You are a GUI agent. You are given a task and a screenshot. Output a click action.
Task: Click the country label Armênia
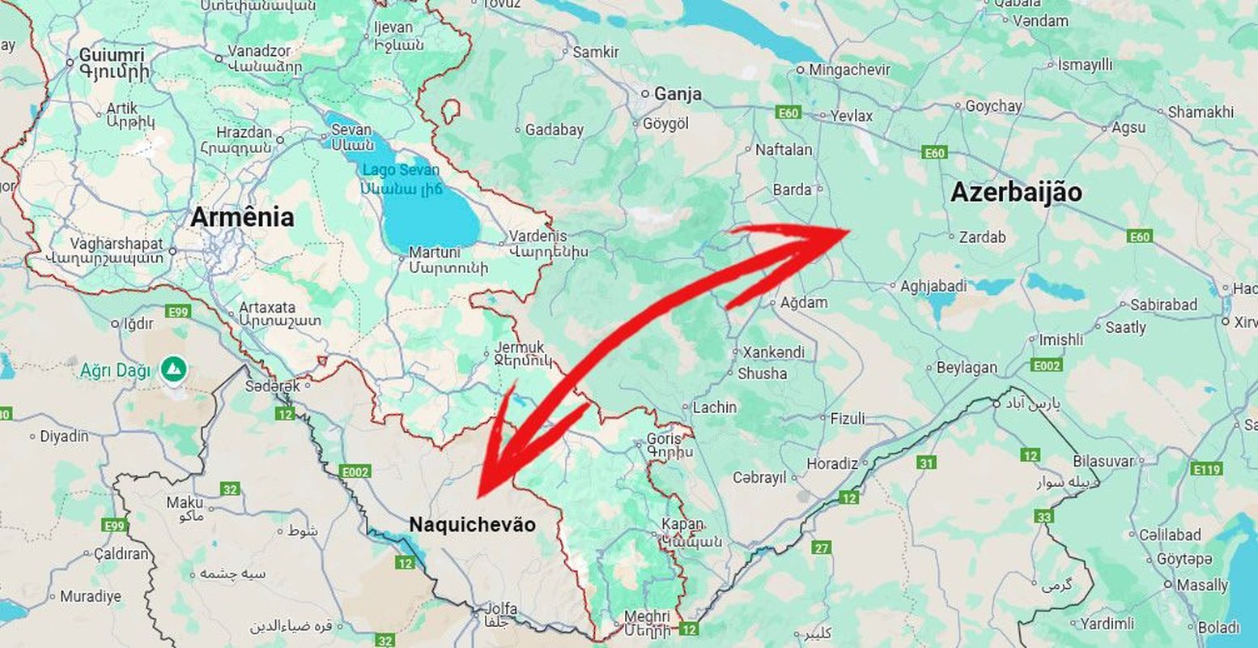point(241,217)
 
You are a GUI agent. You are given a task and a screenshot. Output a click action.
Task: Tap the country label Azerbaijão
point(1015,193)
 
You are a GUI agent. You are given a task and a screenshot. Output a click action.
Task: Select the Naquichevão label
point(472,525)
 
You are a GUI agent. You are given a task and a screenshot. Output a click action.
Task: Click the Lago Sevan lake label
point(401,170)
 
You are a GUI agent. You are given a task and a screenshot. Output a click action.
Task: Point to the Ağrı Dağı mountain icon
point(174,369)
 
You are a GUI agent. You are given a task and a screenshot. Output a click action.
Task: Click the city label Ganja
point(678,94)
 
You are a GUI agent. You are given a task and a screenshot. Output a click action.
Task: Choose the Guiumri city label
point(112,56)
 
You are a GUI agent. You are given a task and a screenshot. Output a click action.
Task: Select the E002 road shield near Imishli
point(1046,365)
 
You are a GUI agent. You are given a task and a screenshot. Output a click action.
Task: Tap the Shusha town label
point(762,374)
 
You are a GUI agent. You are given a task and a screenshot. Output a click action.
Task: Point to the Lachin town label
point(715,407)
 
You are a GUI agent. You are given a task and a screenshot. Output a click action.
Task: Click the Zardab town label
point(982,237)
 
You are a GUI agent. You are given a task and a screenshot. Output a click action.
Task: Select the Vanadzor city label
point(253,51)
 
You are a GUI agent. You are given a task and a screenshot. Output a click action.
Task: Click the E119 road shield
point(1206,469)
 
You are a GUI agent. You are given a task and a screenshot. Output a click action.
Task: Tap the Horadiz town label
point(831,464)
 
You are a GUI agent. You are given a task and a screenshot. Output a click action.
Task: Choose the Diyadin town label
point(64,437)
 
